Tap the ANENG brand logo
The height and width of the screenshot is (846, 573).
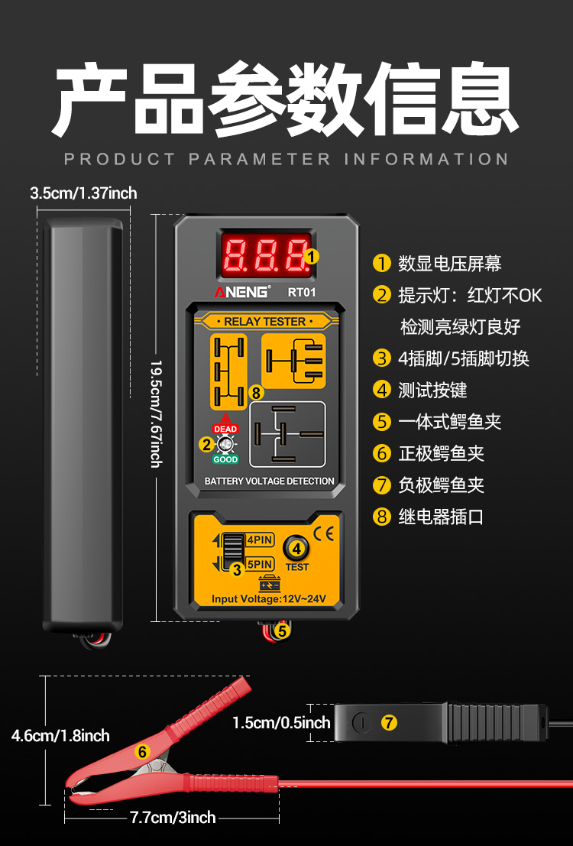click(241, 292)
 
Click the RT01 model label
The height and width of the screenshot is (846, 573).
click(302, 291)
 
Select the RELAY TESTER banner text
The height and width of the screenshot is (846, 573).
click(264, 322)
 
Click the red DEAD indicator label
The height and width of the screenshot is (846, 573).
click(225, 429)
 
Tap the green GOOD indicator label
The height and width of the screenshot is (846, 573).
click(225, 459)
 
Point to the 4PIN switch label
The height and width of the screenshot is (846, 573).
click(259, 540)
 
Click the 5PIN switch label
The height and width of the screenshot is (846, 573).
click(260, 565)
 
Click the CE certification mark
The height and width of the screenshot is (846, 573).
click(324, 534)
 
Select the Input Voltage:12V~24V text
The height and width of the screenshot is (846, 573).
click(269, 599)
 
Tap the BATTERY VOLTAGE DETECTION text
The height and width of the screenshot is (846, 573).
click(269, 481)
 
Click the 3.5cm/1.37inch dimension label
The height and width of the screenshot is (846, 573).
click(83, 193)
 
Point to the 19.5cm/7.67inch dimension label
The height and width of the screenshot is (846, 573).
click(155, 413)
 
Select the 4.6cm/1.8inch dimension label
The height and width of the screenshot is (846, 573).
click(60, 736)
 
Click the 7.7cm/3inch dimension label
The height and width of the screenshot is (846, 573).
click(173, 818)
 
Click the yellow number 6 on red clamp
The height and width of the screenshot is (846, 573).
click(141, 751)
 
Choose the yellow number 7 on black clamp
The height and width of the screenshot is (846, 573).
click(390, 722)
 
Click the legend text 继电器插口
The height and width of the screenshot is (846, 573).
click(441, 517)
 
